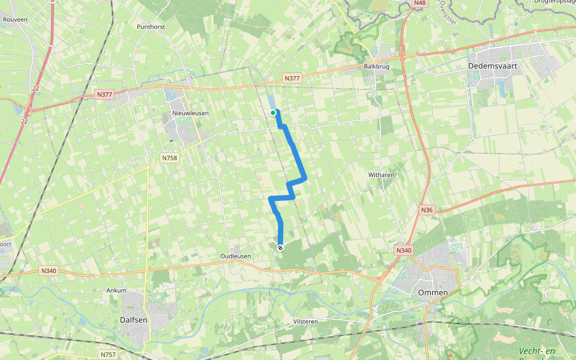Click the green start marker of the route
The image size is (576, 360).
coord(273,112)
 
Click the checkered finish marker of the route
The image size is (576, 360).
coord(280,247)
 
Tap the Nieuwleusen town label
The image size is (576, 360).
coord(185,113)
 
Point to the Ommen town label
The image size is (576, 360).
coord(433,292)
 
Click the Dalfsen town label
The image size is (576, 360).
coord(134,320)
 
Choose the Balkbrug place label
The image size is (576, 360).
coord(377,67)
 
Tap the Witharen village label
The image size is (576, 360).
coord(381,175)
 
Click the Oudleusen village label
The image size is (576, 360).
coord(235,256)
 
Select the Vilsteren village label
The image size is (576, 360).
coord(305,322)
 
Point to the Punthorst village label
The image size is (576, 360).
coord(150,27)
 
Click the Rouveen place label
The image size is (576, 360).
coord(15,20)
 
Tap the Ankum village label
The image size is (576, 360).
coord(116,290)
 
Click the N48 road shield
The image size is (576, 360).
coord(420,4)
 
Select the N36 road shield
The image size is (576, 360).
coord(427,209)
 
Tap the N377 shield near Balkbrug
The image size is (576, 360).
coord(292,79)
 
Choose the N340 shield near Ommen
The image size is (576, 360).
coord(404,250)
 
